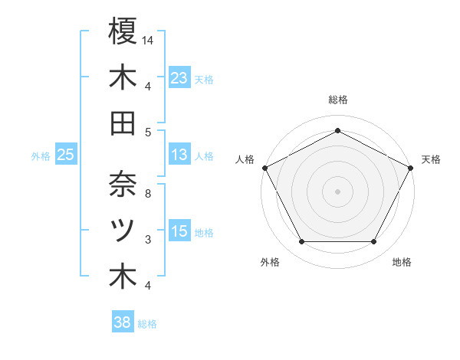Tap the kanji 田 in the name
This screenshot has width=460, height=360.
point(123,123)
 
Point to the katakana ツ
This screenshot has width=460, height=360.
point(123,229)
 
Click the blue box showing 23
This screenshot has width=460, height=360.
point(179,77)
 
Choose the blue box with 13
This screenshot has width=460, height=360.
point(179,155)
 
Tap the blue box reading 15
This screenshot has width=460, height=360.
point(179,231)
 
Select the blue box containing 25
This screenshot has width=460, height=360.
point(66,155)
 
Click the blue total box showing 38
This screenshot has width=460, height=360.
point(123,323)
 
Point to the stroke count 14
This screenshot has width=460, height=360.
point(149,39)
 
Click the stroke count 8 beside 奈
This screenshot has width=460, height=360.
point(147,193)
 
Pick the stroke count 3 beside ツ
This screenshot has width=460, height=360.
point(147,240)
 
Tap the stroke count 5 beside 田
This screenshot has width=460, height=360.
point(147,132)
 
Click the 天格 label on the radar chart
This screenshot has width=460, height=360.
point(431,159)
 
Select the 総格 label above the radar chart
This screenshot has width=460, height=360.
point(337,100)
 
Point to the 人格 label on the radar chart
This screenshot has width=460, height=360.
point(245,159)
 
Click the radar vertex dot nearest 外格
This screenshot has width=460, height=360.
point(301,242)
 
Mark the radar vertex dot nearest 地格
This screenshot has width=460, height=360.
point(373,242)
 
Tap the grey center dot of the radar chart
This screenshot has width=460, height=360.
point(337,191)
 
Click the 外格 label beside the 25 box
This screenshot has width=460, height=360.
point(41,155)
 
